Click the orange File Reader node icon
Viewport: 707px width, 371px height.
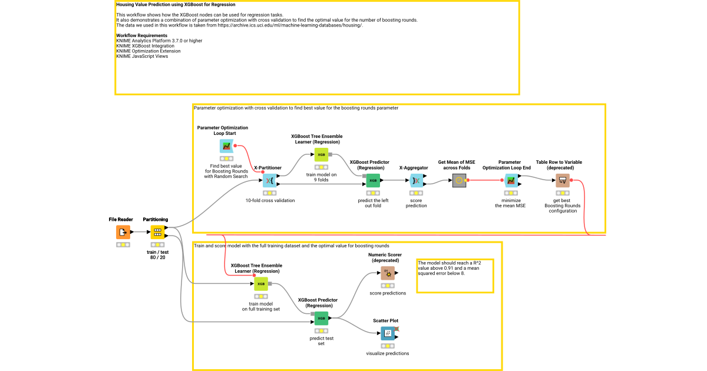pyautogui.click(x=123, y=232)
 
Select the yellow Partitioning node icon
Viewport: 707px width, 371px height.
pyautogui.click(x=157, y=232)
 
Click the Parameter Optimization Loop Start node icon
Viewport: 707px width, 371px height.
pyautogui.click(x=226, y=146)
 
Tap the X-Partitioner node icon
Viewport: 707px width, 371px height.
pyautogui.click(x=269, y=180)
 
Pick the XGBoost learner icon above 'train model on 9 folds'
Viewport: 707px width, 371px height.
pyautogui.click(x=321, y=155)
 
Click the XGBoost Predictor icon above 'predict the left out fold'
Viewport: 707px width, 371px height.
pyautogui.click(x=372, y=180)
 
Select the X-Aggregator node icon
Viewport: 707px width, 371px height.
pyautogui.click(x=416, y=180)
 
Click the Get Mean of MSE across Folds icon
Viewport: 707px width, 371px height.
pyautogui.click(x=460, y=180)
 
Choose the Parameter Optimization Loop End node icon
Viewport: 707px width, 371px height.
pyautogui.click(x=510, y=180)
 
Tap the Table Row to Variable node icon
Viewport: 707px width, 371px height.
pyautogui.click(x=563, y=180)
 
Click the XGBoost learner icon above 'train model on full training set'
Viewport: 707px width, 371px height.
pyautogui.click(x=261, y=284)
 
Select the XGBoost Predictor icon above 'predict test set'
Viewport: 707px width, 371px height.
pyautogui.click(x=321, y=319)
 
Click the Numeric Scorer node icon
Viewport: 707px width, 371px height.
pyautogui.click(x=388, y=273)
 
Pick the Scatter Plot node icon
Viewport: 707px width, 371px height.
pyautogui.click(x=388, y=333)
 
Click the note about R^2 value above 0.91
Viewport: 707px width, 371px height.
pyautogui.click(x=454, y=268)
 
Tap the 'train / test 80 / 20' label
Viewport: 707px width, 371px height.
pyautogui.click(x=157, y=255)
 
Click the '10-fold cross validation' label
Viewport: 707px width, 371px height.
pyautogui.click(x=270, y=200)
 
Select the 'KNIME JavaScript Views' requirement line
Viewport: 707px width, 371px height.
pyautogui.click(x=142, y=56)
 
